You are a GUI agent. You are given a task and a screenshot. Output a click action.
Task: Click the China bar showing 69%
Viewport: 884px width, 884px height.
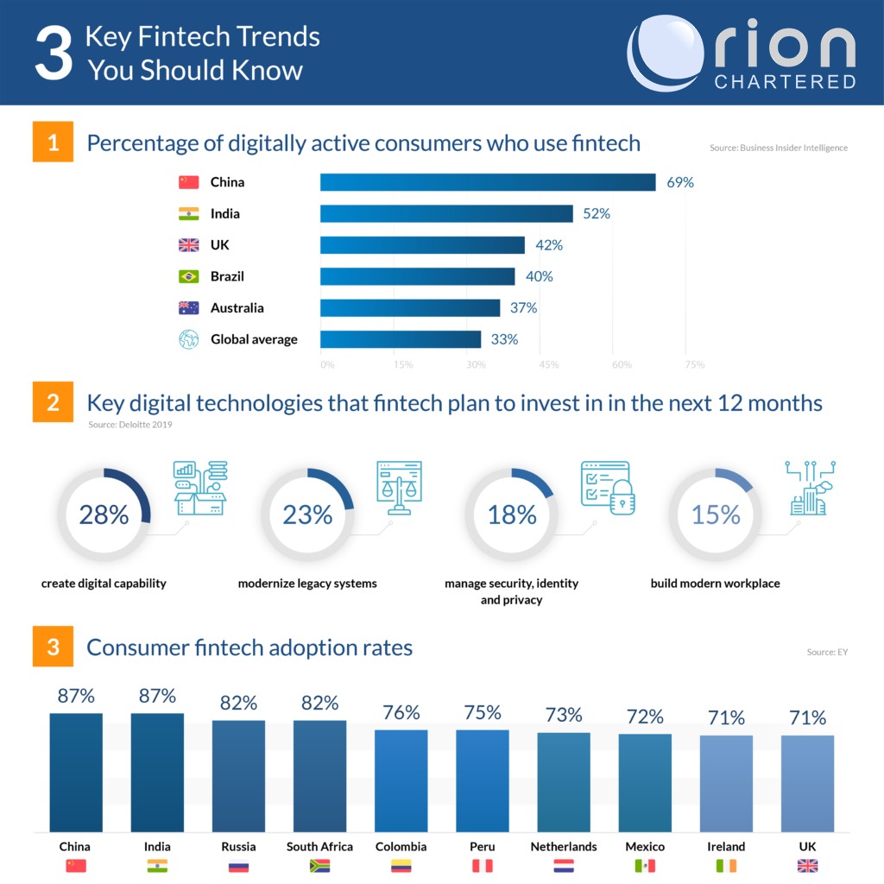point(488,182)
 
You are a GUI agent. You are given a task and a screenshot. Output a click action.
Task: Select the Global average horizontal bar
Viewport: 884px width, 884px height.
point(401,339)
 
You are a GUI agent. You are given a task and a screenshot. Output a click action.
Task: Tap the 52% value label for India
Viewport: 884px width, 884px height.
point(596,213)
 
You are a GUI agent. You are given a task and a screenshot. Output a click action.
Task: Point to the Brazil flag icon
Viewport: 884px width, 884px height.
point(188,276)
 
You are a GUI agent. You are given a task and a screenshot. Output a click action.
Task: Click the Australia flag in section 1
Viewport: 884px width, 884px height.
point(188,308)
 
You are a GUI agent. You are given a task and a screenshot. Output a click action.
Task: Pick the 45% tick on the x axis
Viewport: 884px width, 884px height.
point(549,364)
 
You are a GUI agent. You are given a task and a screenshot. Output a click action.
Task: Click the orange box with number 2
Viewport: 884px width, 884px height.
point(54,402)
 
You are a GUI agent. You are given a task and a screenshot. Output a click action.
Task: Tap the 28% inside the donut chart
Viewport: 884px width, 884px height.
point(104,515)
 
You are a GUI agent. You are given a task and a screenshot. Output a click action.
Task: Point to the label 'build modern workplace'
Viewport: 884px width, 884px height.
point(715,584)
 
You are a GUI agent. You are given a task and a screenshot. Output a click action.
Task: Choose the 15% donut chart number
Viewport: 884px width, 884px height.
point(716,515)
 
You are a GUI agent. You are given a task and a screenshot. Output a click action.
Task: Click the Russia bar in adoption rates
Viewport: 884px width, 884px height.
point(238,775)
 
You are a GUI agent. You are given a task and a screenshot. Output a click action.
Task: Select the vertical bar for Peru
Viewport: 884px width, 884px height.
point(483,780)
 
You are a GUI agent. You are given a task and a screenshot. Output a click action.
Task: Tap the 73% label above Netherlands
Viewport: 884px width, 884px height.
point(564,715)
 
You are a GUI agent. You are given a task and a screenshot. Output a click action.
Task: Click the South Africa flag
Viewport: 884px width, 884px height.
point(319,866)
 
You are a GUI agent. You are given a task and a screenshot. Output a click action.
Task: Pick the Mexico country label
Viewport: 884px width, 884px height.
point(645,846)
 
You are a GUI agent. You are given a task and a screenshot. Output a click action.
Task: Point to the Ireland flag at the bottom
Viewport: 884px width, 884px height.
point(726,866)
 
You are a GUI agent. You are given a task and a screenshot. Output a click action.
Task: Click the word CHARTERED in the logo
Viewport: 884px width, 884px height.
point(785,82)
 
